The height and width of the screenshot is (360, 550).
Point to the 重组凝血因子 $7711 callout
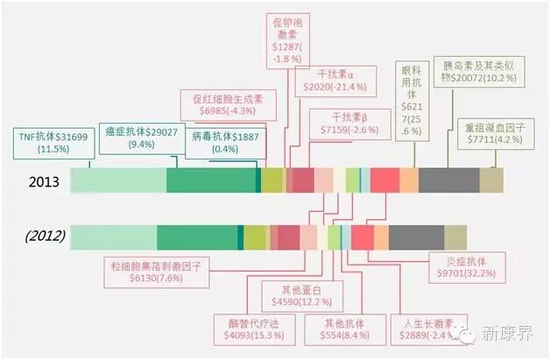[495, 133]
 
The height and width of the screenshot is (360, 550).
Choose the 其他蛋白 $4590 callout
[300, 296]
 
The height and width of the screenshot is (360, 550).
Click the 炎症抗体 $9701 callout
[467, 267]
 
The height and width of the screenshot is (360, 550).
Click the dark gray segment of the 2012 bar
[416, 236]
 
